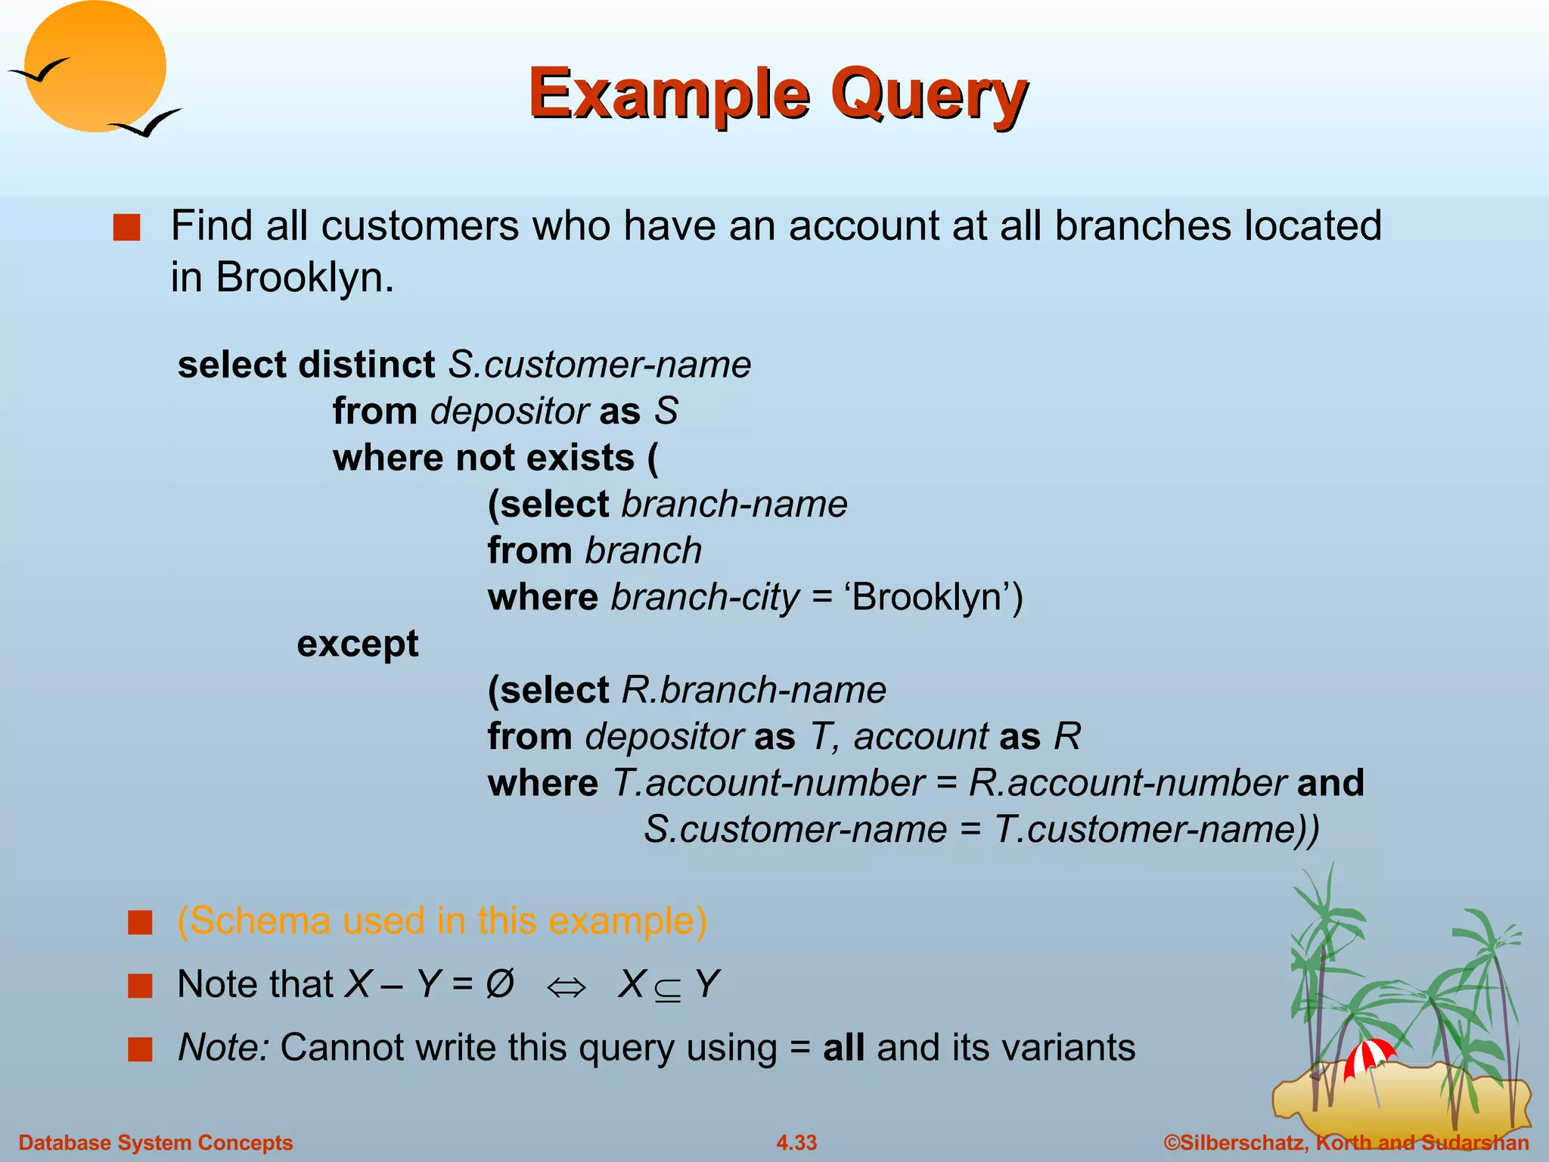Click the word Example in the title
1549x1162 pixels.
coord(669,95)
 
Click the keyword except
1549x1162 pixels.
coord(357,644)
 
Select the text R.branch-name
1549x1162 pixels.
coord(753,690)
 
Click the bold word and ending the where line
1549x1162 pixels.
coord(1330,783)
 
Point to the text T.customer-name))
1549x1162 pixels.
coord(1156,830)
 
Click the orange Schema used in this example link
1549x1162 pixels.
coord(442,921)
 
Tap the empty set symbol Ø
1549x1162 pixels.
coord(500,984)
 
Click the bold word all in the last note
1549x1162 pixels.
coord(843,1049)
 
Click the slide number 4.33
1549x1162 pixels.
coord(796,1142)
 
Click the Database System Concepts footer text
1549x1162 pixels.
coord(156,1142)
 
